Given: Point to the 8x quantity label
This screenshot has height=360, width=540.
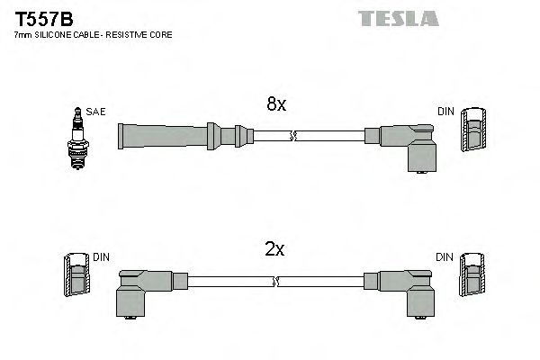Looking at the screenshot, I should pos(276,104).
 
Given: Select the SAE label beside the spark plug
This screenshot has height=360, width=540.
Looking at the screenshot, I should pos(97,112).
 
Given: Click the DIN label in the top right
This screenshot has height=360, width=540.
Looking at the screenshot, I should pos(445,112).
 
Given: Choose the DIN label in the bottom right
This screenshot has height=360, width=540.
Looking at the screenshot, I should pos(445,257).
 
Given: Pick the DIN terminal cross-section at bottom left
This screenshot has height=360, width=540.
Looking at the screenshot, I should pos(78,277).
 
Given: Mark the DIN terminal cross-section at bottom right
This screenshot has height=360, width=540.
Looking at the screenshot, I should pos(471,277).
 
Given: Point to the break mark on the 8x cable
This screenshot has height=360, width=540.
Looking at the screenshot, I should pos(292,136).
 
